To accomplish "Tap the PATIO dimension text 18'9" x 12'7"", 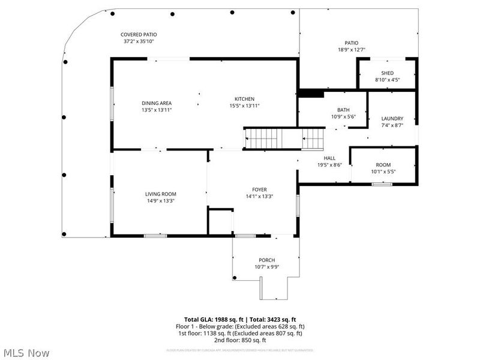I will (x=351, y=50).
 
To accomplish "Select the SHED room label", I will (x=387, y=73).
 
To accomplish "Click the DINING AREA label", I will (x=157, y=103).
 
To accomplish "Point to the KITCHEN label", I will (x=244, y=99).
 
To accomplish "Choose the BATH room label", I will (x=343, y=110).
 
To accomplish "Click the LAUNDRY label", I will (x=392, y=119).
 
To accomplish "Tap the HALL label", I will (x=329, y=158).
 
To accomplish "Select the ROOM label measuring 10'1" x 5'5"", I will (x=383, y=165).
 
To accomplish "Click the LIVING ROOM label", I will (x=160, y=194).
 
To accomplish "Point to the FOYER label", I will (x=260, y=190).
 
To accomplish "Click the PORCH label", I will (x=267, y=260).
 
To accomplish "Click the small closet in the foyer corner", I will (x=221, y=222).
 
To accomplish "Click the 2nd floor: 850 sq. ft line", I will (x=240, y=340).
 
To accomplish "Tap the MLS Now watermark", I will (x=26, y=353).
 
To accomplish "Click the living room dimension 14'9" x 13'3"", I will (x=160, y=201).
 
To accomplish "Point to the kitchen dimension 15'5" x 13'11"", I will (x=244, y=106).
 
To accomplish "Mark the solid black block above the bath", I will (x=311, y=93).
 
